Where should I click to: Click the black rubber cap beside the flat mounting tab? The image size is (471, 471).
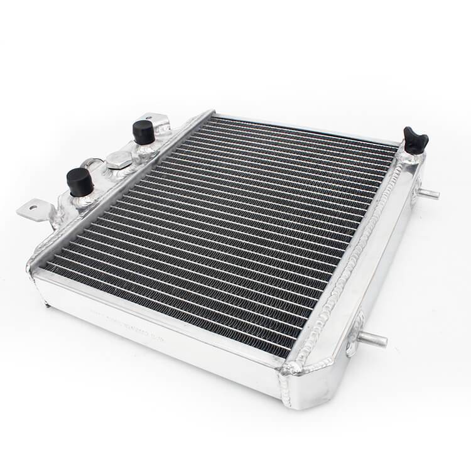click(x=80, y=181)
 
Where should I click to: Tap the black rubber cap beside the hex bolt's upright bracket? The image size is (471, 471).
click(x=143, y=131)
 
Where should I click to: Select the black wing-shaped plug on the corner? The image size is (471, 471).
click(x=415, y=141)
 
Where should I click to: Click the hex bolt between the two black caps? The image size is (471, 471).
click(x=118, y=160)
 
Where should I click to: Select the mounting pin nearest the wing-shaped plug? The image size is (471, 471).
click(x=428, y=193)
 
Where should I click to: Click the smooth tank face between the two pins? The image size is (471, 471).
click(x=389, y=264)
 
